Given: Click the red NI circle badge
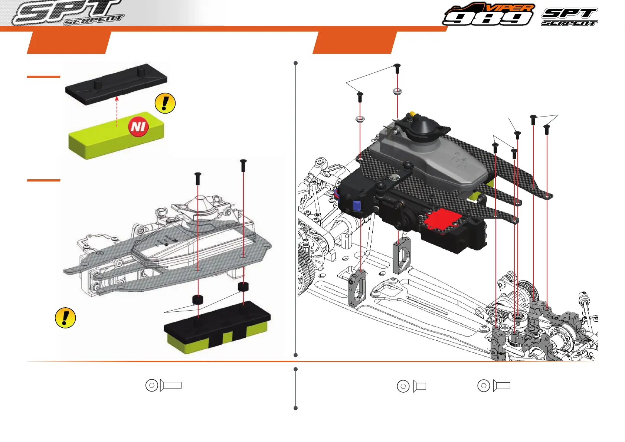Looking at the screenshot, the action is (x=138, y=127).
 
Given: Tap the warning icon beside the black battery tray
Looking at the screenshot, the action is (x=165, y=103).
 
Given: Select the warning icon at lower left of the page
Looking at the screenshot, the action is (x=65, y=318).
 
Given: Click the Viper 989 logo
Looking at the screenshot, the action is (x=488, y=14).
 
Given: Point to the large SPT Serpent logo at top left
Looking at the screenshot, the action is (x=68, y=13).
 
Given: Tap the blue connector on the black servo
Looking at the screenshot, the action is (x=357, y=206).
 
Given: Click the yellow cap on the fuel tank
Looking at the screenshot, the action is (x=412, y=114).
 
